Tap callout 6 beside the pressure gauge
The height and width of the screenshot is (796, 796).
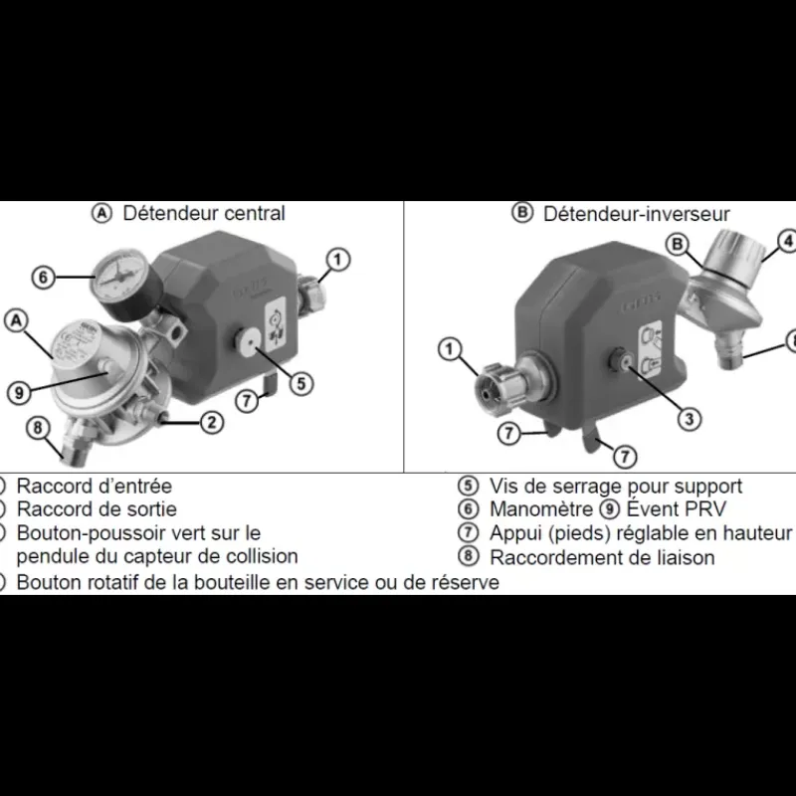(x=43, y=278)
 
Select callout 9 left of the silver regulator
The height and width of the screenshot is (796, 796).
(x=19, y=392)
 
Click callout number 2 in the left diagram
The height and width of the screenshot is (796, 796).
(x=212, y=422)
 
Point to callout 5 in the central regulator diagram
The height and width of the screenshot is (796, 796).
(x=301, y=383)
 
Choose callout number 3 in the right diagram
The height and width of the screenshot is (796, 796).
(x=689, y=419)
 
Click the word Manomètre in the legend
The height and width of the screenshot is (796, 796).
(x=541, y=509)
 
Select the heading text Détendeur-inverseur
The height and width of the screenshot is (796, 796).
(x=636, y=214)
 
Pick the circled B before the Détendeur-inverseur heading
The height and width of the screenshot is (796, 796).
(x=522, y=213)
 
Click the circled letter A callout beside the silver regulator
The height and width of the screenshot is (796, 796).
(x=16, y=320)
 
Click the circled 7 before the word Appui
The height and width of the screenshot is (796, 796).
(x=468, y=532)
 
